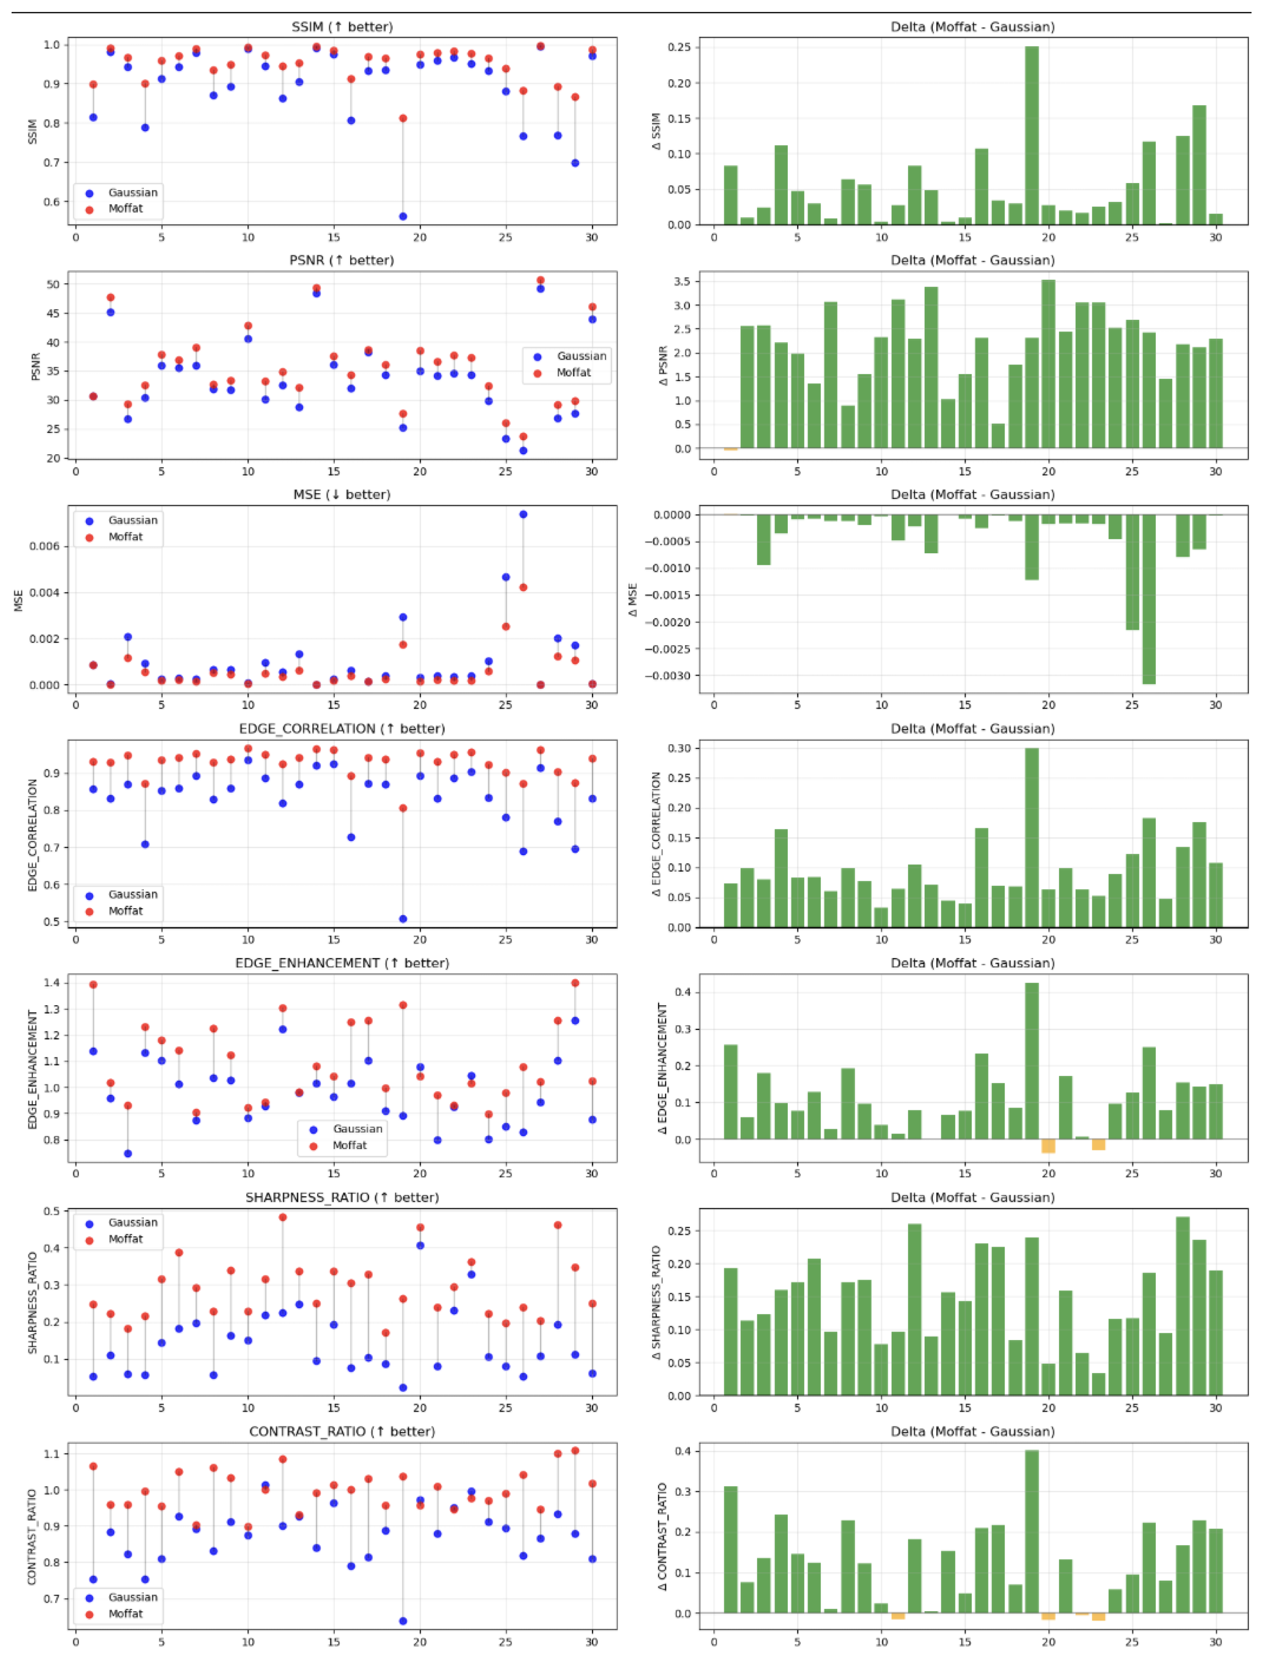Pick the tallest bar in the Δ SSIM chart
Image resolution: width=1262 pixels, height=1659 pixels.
(x=1031, y=135)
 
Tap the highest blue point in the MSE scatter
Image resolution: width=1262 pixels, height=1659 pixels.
(x=523, y=514)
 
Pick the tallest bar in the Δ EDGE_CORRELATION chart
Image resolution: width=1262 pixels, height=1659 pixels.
(x=1031, y=838)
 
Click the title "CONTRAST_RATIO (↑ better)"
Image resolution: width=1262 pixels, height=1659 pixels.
(x=342, y=1431)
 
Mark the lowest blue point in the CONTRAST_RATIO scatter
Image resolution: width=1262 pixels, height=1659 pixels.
(x=402, y=1621)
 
